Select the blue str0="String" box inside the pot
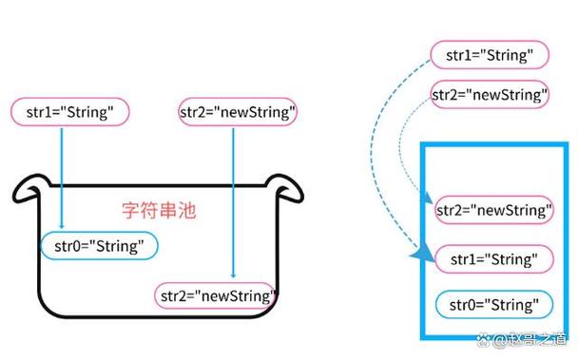pyautogui.click(x=100, y=247)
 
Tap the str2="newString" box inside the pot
pyautogui.click(x=217, y=295)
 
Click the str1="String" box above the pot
pyautogui.click(x=69, y=112)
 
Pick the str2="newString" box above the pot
pyautogui.click(x=239, y=112)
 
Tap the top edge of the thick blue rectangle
pyautogui.click(x=494, y=144)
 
